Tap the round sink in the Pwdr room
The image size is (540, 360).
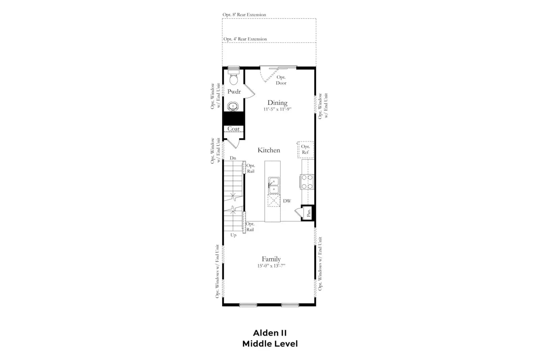point(233,106)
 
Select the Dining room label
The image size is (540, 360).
point(277,103)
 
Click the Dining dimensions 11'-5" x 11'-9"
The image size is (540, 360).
point(277,109)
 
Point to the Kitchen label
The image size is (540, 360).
point(269,150)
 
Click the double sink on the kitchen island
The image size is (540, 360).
point(274,185)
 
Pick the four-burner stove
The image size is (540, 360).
point(307,182)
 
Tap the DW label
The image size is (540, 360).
point(287,201)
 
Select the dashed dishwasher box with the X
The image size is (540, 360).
point(274,200)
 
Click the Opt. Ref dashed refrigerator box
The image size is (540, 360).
point(305,150)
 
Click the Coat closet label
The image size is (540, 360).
point(233,129)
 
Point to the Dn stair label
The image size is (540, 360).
point(233,158)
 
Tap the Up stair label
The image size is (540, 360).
point(233,235)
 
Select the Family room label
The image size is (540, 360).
point(271,259)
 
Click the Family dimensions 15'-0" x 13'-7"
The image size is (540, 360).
point(271,266)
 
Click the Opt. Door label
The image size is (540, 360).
point(281,80)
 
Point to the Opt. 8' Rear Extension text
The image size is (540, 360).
point(244,15)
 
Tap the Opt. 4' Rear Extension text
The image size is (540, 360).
point(245,39)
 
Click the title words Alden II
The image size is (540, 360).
point(270,333)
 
